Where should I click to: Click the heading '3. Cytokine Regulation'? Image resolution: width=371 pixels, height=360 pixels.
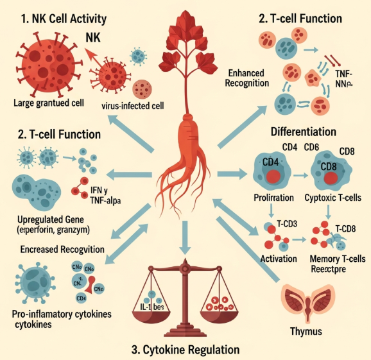tap(186, 350)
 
